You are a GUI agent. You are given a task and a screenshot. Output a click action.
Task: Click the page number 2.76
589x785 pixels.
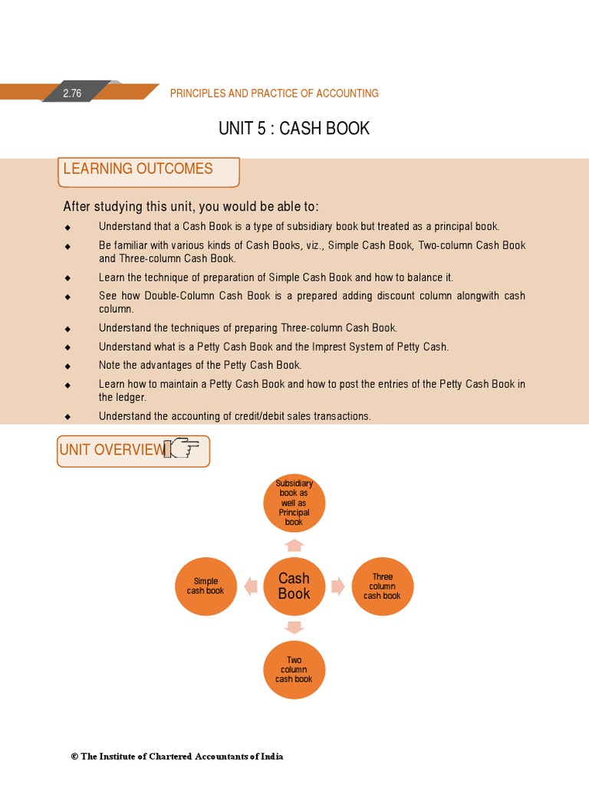(72, 94)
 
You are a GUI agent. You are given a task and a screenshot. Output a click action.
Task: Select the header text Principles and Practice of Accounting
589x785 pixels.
(274, 94)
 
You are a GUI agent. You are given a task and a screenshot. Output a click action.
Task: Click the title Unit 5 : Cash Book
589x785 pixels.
(294, 129)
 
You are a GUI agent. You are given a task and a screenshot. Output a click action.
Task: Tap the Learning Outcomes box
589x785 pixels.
(148, 171)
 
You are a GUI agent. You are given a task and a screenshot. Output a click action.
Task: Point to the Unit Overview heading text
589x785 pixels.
(111, 450)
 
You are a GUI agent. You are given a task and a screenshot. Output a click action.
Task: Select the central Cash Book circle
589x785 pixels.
(294, 586)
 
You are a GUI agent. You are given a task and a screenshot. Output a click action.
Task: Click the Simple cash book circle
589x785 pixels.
(206, 586)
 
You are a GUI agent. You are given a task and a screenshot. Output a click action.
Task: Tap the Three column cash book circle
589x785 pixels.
(382, 586)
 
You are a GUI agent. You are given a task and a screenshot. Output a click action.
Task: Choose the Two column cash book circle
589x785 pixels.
(294, 669)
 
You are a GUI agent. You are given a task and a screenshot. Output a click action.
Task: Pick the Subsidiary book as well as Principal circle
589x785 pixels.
(294, 504)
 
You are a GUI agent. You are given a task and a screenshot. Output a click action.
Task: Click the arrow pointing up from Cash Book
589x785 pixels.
(294, 545)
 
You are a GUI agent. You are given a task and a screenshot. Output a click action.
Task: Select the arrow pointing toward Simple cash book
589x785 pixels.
(250, 586)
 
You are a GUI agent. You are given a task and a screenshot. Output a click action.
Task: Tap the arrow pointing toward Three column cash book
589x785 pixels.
(337, 586)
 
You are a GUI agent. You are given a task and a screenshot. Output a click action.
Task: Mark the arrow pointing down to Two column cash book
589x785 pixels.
(294, 628)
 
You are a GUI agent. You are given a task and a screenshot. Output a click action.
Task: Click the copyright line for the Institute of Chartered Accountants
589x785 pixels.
(177, 757)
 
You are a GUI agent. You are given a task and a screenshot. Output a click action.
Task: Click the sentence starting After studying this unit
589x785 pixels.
(190, 207)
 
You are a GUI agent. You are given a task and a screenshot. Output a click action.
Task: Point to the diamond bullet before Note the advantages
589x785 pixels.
(67, 366)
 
